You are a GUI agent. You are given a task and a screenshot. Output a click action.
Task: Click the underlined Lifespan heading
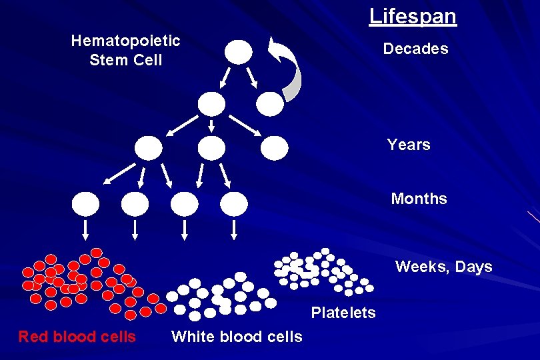click(x=413, y=16)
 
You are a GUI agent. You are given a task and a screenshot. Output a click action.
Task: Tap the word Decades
click(x=415, y=49)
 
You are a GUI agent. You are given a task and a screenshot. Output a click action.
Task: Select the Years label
click(x=409, y=145)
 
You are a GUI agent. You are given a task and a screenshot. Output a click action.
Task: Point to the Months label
click(x=419, y=199)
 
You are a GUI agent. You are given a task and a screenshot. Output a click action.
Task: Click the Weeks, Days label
click(x=443, y=267)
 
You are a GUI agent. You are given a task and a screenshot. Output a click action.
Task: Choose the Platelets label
click(x=343, y=313)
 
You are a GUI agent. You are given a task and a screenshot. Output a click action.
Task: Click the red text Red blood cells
click(x=77, y=337)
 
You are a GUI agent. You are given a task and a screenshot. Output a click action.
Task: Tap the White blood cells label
click(x=237, y=337)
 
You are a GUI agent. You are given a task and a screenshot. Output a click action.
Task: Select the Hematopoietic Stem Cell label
click(x=125, y=50)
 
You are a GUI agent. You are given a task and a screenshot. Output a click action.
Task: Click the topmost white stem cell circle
click(x=239, y=51)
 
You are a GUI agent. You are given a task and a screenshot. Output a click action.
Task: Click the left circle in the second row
click(x=212, y=103)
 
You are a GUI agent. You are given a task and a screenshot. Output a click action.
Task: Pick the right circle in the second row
click(x=270, y=103)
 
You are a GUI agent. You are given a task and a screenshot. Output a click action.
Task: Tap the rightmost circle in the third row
click(x=274, y=148)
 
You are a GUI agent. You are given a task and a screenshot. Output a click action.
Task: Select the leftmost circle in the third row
click(x=149, y=148)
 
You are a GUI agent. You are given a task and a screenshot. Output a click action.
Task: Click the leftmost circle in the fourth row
click(x=86, y=203)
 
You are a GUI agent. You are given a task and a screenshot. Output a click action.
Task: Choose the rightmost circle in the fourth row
click(x=234, y=203)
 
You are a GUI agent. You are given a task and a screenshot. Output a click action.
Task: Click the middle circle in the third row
click(x=212, y=148)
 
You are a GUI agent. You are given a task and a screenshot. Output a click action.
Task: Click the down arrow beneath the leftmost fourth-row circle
click(x=86, y=229)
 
